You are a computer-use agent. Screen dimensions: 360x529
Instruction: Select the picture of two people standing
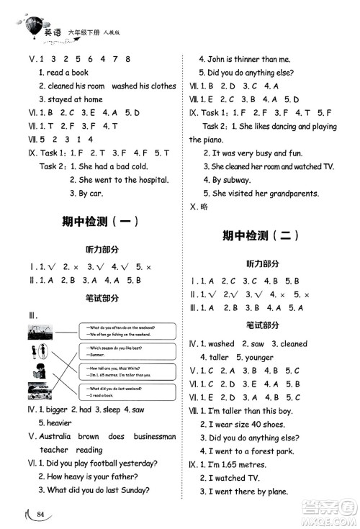click(37, 352)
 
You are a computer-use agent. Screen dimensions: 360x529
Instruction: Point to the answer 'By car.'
click(89, 194)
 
